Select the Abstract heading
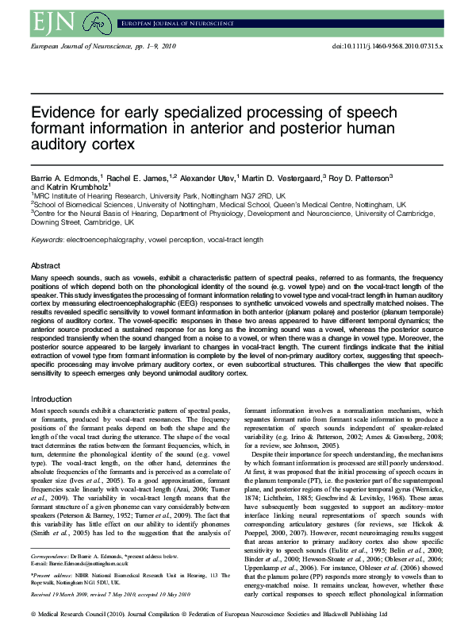(45, 265)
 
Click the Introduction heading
(51, 399)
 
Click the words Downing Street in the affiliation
(56, 224)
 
